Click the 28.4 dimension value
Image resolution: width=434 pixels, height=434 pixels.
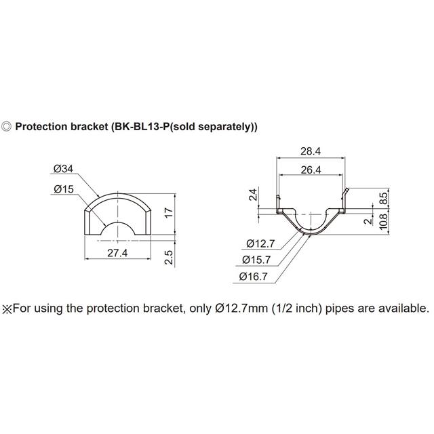(311, 150)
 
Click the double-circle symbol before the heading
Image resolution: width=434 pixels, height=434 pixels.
(7, 127)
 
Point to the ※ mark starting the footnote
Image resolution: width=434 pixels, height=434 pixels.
(7, 307)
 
